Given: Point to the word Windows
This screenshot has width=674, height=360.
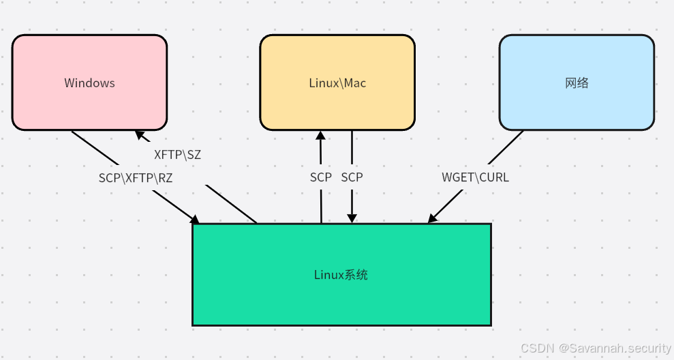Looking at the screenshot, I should point(89,83).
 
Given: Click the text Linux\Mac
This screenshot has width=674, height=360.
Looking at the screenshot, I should point(337,83).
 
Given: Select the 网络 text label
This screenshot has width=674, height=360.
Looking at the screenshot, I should point(577,83).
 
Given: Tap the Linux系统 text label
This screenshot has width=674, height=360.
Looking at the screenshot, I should point(341,275).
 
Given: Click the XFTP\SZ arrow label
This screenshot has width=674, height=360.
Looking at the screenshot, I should point(177,155).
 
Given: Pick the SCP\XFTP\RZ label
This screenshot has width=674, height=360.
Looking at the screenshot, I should point(136,177).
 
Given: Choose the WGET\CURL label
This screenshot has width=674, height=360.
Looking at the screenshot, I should point(475,177).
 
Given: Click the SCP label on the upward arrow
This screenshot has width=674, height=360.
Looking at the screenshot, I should point(321,177).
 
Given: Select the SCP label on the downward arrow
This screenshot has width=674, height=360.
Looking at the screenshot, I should point(352,177).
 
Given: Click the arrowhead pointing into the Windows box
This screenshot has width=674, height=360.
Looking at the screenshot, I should point(139,134).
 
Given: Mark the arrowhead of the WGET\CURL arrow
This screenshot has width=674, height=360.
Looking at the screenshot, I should point(432,219).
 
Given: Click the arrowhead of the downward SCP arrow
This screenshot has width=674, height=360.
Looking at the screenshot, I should point(352,218).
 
